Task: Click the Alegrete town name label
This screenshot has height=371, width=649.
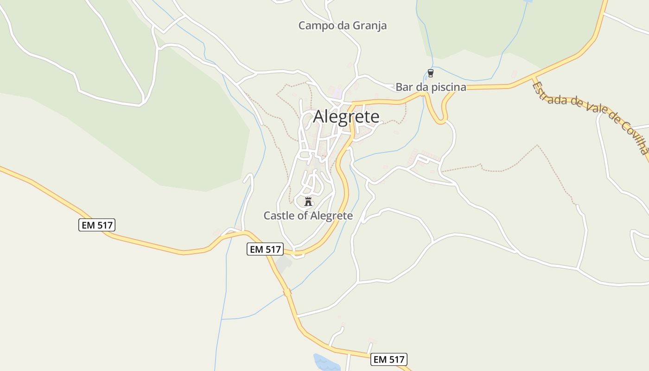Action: [346, 117]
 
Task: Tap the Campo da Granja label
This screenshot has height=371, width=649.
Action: [342, 26]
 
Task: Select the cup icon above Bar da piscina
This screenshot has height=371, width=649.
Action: [431, 73]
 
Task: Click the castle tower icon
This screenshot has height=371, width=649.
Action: [308, 201]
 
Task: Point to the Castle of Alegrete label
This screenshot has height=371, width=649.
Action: [308, 216]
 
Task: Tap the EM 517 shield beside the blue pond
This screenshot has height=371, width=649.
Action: [389, 359]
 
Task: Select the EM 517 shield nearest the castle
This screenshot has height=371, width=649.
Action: [265, 249]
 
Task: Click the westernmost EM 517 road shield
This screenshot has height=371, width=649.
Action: [96, 225]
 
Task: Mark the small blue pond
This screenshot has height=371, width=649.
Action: [326, 362]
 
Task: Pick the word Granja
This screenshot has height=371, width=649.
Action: [369, 26]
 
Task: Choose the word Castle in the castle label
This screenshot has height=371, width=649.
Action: [279, 216]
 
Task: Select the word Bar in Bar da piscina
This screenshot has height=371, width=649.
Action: [403, 87]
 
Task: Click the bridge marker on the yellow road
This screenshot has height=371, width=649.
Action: [287, 293]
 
